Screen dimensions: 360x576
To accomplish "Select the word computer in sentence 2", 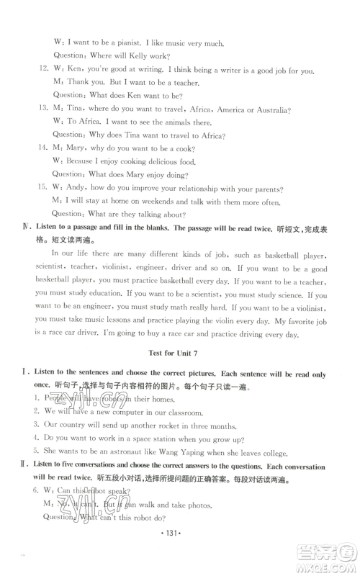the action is pos(125,411).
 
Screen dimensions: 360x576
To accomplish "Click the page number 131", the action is pos(180,541).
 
